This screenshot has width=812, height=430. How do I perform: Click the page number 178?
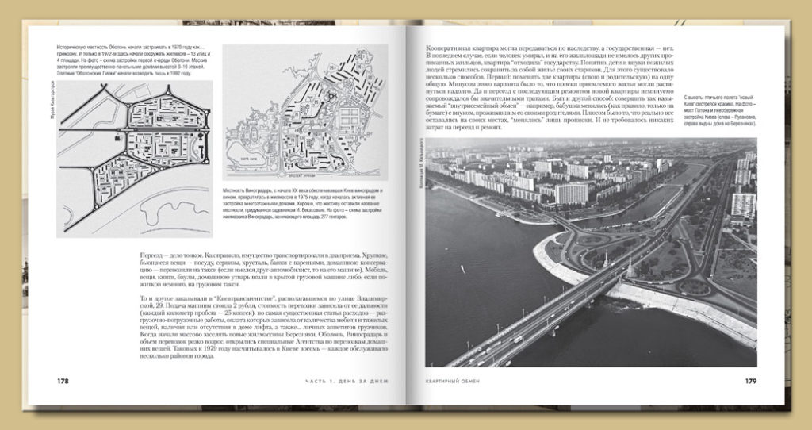click(x=63, y=381)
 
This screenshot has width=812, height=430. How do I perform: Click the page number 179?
click(x=750, y=381)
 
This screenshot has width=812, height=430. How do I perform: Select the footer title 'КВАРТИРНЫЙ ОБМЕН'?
click(x=454, y=382)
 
